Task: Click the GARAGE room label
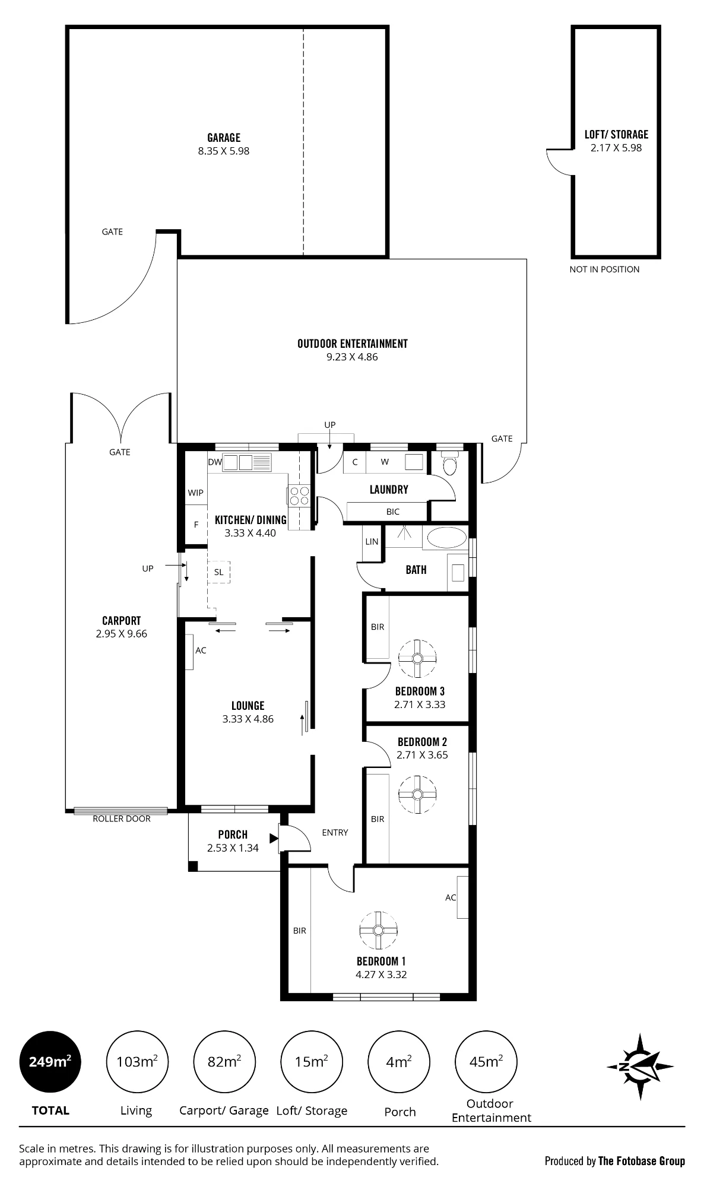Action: [224, 138]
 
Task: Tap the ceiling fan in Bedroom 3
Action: [417, 658]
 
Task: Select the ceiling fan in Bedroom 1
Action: [379, 931]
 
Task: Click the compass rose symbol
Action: [640, 1067]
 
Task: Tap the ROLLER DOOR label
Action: [122, 819]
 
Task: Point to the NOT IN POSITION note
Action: [604, 269]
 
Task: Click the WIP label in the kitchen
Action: [196, 493]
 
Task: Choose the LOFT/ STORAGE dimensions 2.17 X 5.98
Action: [616, 148]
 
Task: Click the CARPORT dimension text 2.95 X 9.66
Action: [122, 634]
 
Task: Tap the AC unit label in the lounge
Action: [201, 650]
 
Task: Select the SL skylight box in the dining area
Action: [219, 572]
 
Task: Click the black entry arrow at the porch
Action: [274, 838]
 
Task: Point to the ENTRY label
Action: [335, 833]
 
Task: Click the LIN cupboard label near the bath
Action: [372, 542]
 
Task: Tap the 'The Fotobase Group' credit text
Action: [642, 1161]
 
